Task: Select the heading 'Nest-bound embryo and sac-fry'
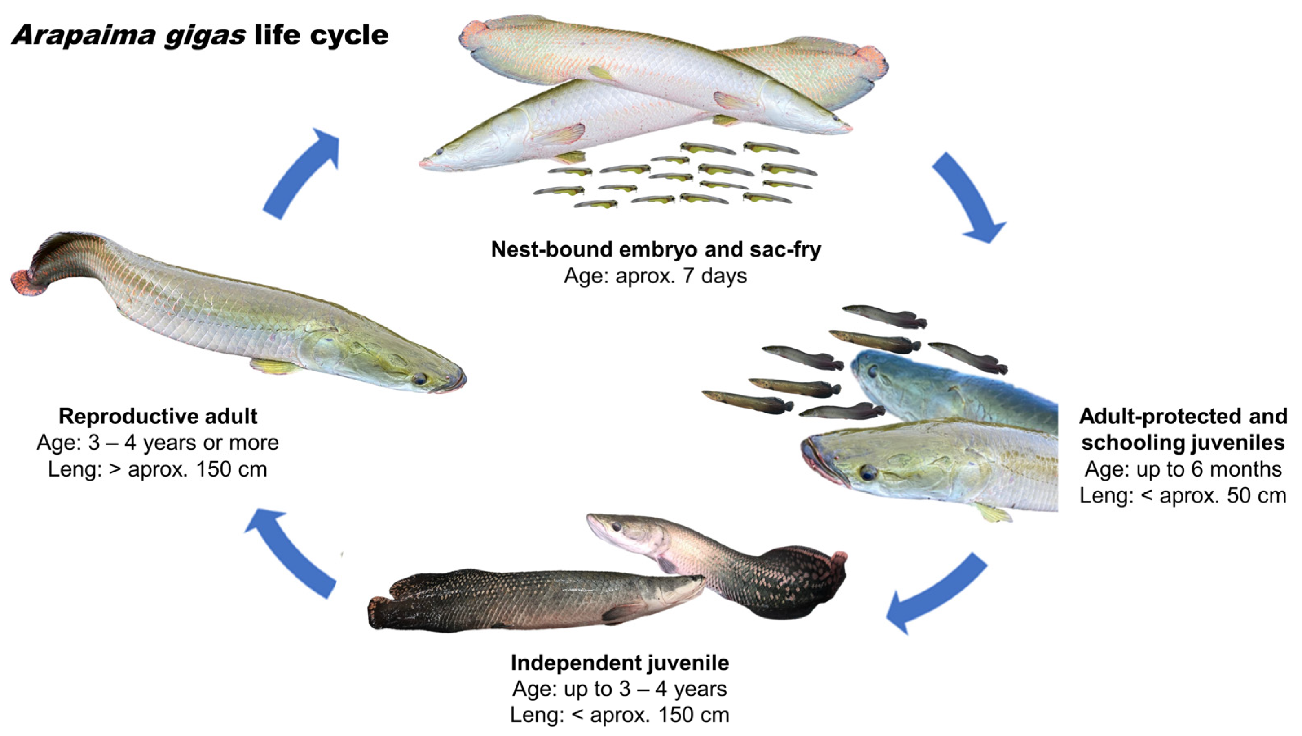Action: pos(656,249)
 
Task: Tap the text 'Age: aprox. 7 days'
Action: pos(655,276)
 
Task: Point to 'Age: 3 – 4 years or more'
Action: pos(158,443)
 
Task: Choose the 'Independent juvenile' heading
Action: pos(620,663)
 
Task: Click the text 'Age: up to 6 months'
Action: pos(1183,469)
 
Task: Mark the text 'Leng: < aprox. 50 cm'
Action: pos(1183,495)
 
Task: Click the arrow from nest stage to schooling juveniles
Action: pos(968,197)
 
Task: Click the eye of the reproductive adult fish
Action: pos(419,379)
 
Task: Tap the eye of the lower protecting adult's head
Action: pos(868,472)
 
